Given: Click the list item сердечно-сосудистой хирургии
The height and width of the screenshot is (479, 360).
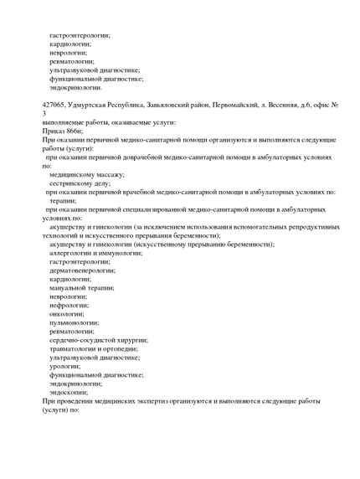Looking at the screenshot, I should [99, 340].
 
